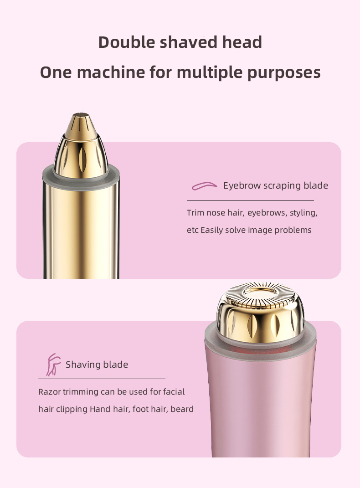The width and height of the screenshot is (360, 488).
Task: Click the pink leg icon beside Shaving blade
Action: point(53,365)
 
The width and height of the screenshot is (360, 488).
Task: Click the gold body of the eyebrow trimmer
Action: point(81,228)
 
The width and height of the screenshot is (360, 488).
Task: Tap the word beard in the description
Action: point(182,409)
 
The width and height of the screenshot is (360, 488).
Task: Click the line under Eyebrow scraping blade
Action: point(250,200)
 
